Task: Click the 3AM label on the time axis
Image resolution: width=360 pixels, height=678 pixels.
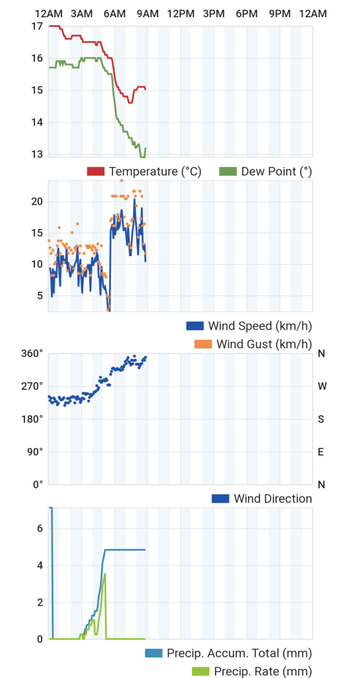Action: point(81,14)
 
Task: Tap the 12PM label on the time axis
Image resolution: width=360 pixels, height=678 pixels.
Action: point(181,14)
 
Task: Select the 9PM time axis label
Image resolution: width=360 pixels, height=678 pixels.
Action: point(280,14)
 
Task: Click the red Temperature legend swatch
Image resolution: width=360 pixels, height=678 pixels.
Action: point(96,171)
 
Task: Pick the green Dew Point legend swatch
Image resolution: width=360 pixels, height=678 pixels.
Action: point(228,171)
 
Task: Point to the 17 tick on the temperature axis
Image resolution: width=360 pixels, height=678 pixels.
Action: point(37,26)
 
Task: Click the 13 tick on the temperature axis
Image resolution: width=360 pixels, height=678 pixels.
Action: point(37,154)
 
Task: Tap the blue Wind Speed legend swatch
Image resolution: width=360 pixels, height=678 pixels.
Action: point(195,326)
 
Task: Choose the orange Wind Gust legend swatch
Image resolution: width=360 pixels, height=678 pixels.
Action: point(203,344)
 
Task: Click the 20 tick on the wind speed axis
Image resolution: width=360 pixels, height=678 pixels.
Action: point(37,201)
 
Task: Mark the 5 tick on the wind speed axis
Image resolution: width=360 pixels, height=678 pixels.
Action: point(40,296)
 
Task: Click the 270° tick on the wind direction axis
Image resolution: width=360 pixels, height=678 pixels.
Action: point(33,386)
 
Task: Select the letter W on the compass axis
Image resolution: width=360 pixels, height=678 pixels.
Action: point(322,386)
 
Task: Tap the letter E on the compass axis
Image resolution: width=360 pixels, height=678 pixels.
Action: point(321,452)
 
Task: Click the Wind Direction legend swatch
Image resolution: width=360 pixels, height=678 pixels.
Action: point(220,499)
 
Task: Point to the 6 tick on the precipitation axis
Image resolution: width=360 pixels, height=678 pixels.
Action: point(40,528)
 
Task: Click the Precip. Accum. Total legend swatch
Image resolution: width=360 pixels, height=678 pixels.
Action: point(154,653)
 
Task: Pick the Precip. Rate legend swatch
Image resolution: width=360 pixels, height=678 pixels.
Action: point(201,671)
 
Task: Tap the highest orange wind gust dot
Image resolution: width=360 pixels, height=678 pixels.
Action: point(122,180)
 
